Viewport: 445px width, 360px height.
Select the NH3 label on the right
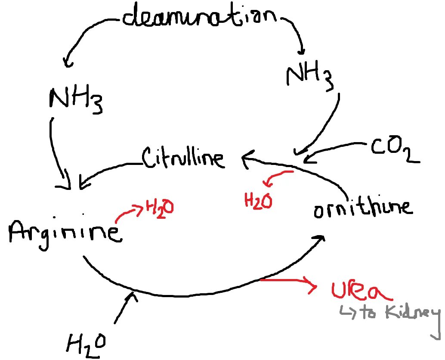click(x=309, y=76)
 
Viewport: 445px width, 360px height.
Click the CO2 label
click(x=394, y=151)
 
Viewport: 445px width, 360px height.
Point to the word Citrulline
click(x=183, y=158)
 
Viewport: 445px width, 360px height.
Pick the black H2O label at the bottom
click(x=86, y=344)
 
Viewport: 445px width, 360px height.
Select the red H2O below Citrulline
click(x=258, y=201)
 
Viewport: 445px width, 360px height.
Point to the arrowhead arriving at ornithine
click(x=319, y=239)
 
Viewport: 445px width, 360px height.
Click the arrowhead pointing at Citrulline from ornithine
click(x=247, y=158)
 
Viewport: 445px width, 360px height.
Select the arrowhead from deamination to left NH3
click(x=67, y=62)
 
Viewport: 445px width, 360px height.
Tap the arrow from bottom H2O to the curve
click(x=125, y=308)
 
